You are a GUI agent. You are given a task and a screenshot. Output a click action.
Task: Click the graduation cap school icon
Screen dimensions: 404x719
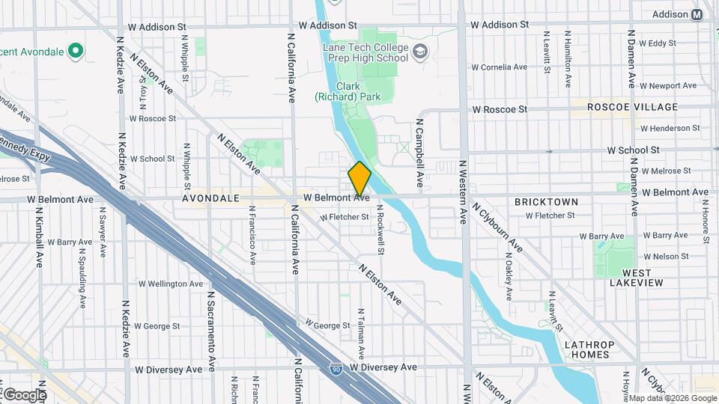[x=421, y=52]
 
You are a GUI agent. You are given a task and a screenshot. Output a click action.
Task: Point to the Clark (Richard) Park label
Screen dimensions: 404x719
[x=348, y=91]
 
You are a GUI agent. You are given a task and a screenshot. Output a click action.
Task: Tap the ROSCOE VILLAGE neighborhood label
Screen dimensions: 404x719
[x=632, y=107]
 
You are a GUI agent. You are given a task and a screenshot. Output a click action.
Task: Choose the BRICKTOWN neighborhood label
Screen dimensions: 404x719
[x=547, y=202]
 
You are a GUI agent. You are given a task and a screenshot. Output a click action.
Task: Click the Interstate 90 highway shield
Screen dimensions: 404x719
[x=336, y=369]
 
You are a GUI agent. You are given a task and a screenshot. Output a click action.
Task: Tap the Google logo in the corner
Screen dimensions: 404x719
[x=24, y=394]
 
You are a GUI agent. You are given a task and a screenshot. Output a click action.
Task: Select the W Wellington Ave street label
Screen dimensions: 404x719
[x=171, y=284]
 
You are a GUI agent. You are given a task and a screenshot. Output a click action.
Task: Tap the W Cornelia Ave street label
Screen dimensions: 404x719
[x=500, y=67]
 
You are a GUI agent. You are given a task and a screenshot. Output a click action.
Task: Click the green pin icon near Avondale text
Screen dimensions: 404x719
[x=75, y=50]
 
